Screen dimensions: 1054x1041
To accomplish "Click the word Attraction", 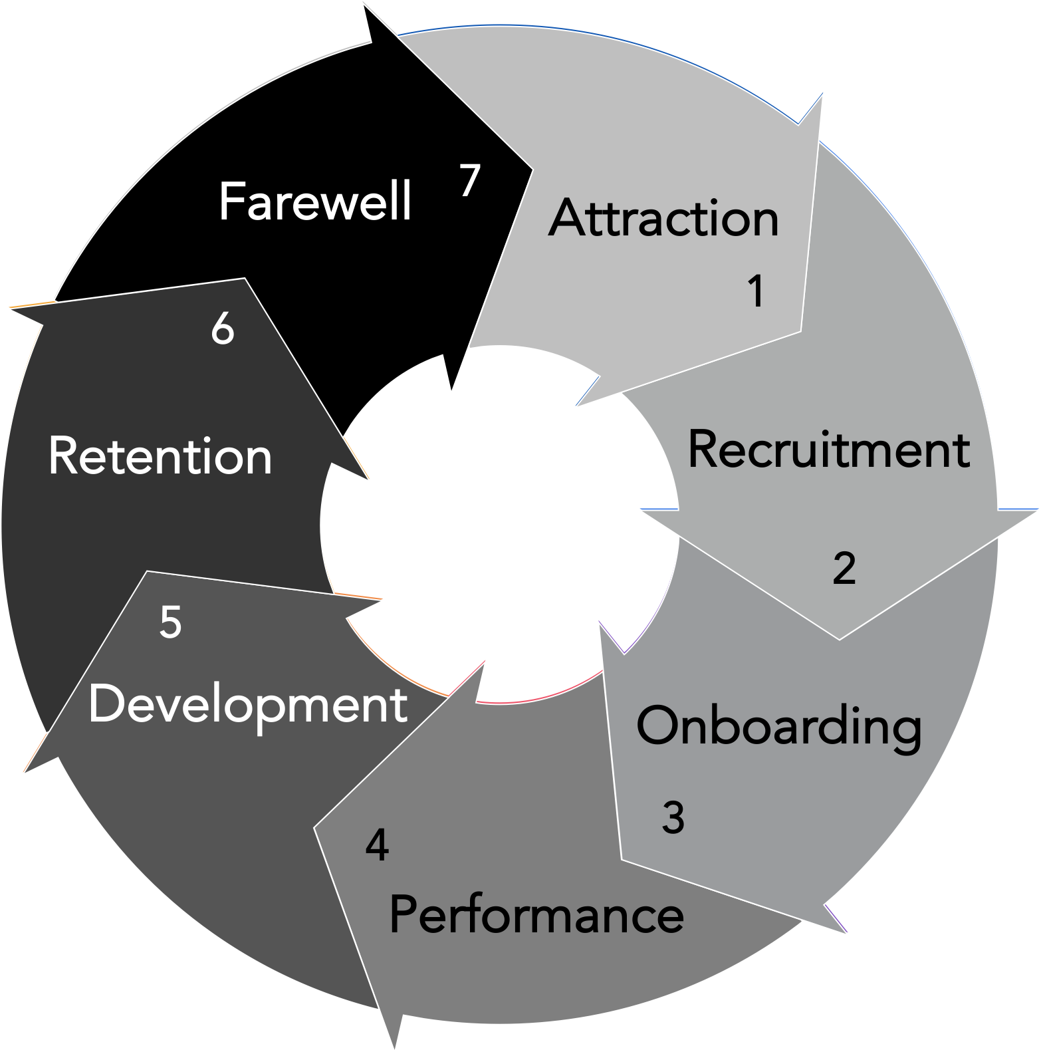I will coord(663,218).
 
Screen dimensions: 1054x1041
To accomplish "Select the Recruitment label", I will coord(828,450).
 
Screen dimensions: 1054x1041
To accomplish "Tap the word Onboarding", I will coord(778,726).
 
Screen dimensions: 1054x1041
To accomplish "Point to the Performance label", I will coord(536,915).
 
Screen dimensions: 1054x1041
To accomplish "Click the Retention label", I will coord(160,457).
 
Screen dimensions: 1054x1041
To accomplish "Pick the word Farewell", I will coord(315,201).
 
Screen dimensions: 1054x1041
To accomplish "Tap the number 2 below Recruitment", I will coord(844,569).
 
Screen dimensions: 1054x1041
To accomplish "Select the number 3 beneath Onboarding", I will coord(673,818).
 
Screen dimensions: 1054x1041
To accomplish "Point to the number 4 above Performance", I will coord(377,846).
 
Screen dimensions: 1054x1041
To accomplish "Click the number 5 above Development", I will coord(170,622).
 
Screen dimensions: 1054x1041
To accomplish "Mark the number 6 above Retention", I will coord(222,329).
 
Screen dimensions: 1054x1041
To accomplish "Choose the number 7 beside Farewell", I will coord(469,180).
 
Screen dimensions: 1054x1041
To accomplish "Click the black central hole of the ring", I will coord(499,525).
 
